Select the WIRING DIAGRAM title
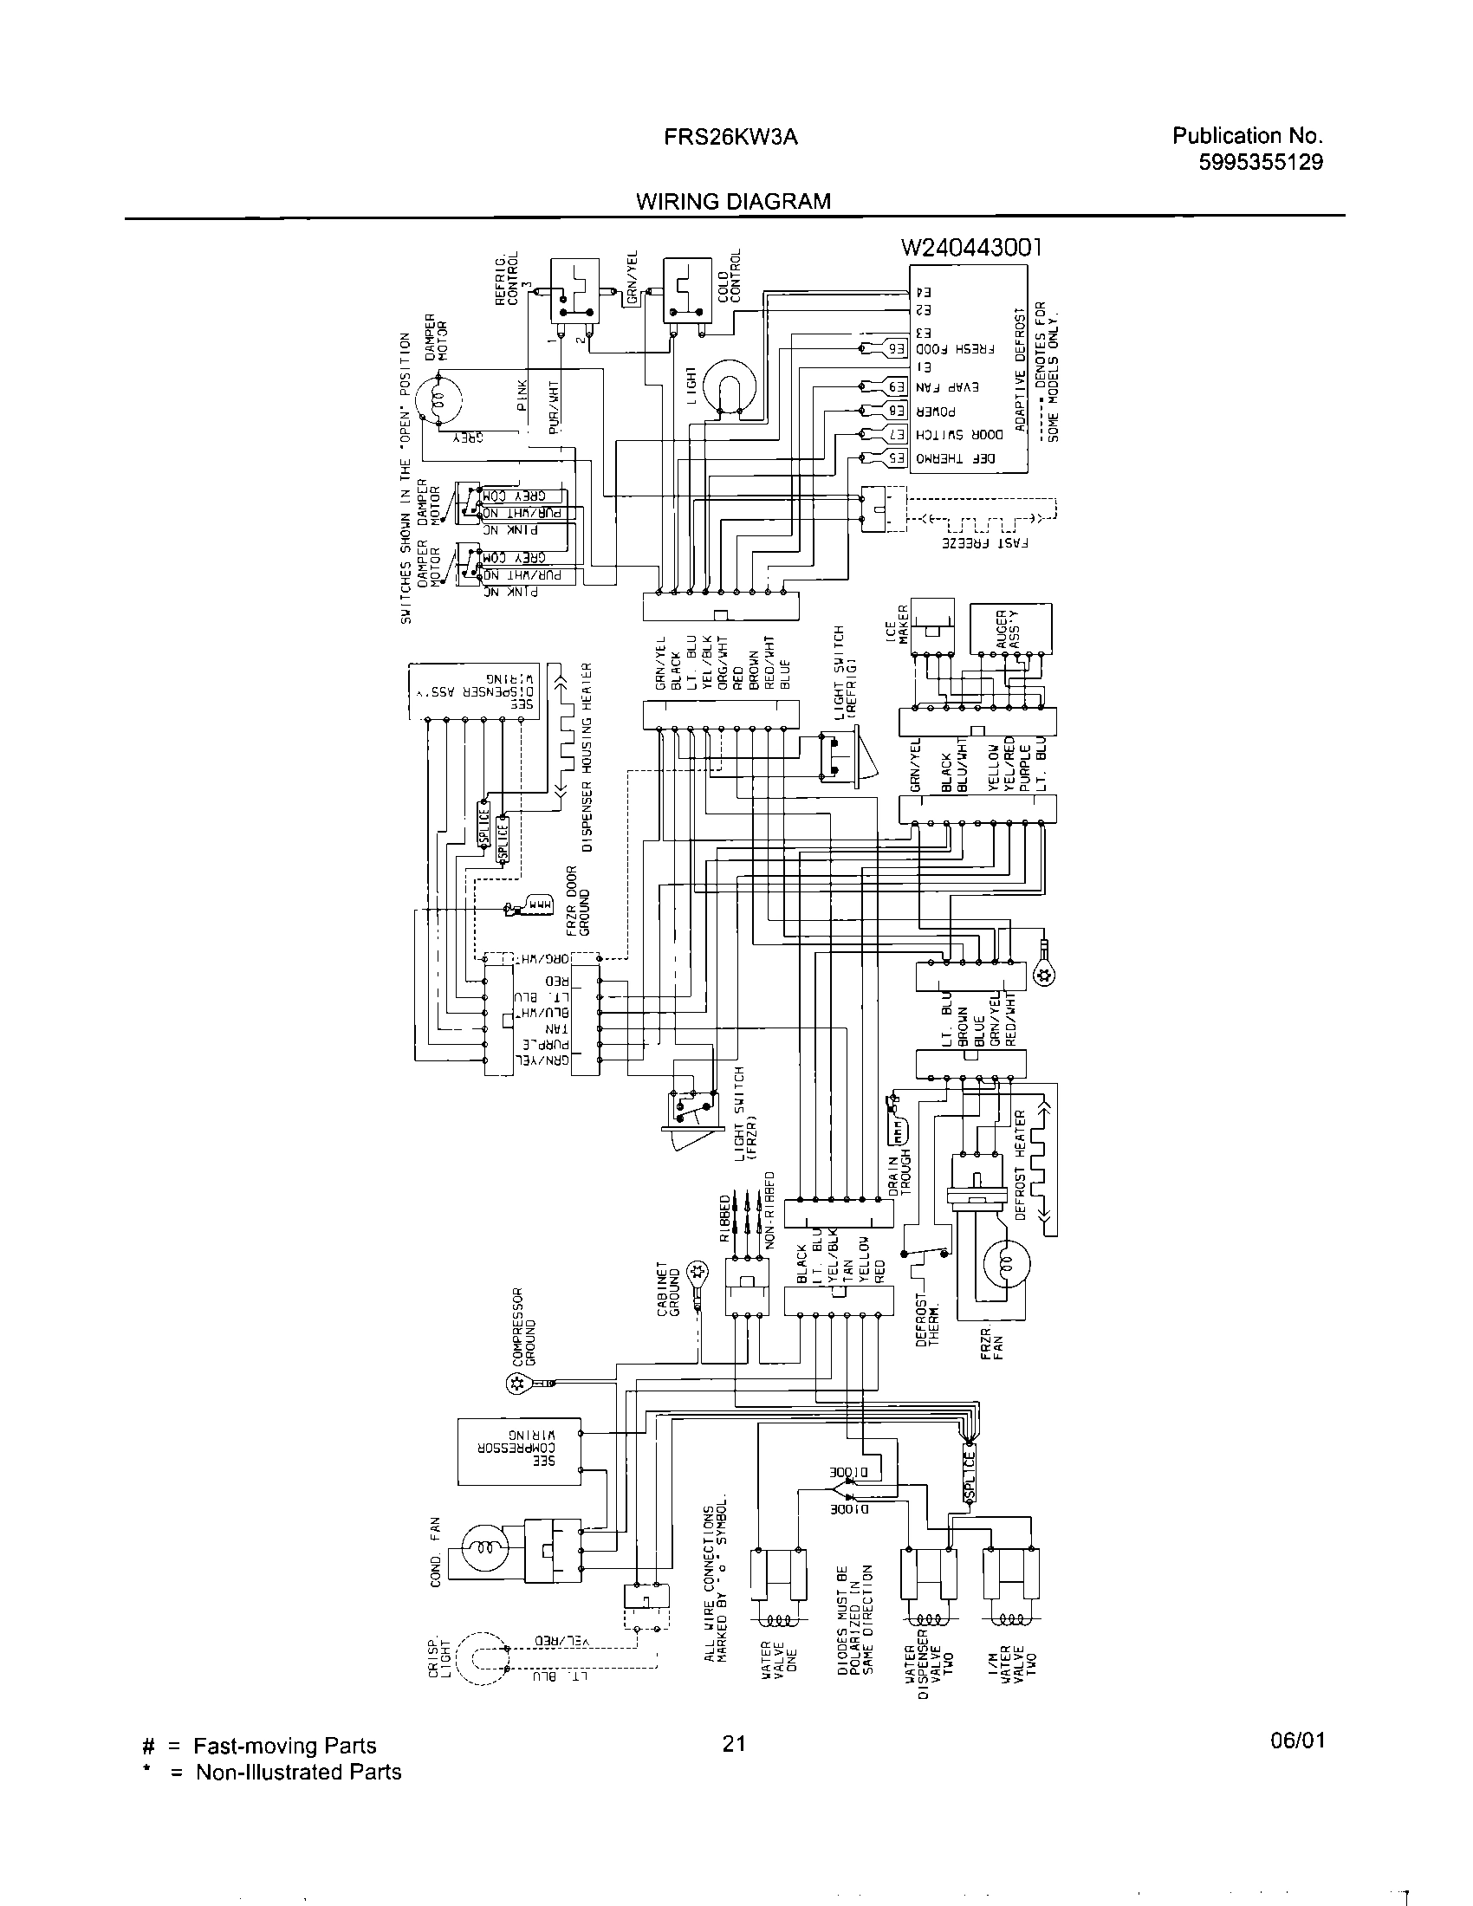(733, 202)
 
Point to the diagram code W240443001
(971, 249)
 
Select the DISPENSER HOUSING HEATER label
(587, 756)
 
